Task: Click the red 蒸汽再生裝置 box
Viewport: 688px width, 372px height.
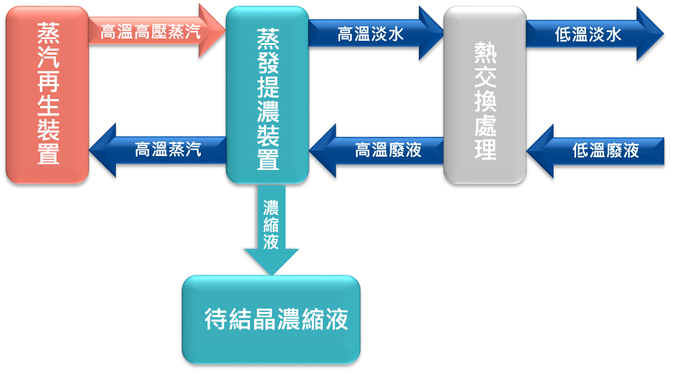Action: point(47,94)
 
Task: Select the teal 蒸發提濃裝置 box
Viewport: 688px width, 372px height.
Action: point(267,94)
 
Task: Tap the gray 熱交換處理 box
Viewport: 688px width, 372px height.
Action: point(485,94)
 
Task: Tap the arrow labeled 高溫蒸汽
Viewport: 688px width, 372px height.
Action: point(166,150)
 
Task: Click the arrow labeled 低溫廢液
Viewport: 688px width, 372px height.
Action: point(603,150)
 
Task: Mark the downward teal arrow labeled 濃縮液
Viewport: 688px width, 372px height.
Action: point(271,227)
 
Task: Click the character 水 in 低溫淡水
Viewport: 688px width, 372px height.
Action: point(614,35)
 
